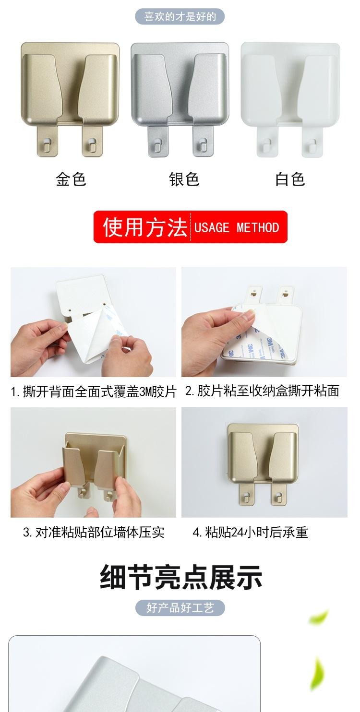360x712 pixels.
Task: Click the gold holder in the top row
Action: (70, 91)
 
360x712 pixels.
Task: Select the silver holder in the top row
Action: (180, 91)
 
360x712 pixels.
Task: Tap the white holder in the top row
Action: (290, 91)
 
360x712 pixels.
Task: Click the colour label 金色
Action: (71, 179)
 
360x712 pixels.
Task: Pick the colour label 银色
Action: (184, 179)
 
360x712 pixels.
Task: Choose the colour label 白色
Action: (290, 179)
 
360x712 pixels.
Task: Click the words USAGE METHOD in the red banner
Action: (237, 227)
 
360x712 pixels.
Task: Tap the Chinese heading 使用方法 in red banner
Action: (144, 227)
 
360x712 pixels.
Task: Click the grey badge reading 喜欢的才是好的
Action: (180, 17)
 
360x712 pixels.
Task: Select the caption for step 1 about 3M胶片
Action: (94, 391)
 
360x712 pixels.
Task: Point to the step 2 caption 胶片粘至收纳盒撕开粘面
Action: (262, 391)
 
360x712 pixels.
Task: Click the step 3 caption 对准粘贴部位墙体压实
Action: (94, 532)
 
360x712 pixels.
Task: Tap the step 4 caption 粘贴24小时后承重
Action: (250, 532)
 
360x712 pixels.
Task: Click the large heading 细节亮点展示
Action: (181, 577)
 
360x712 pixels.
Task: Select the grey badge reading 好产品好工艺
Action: (180, 608)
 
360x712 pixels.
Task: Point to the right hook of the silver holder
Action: (204, 143)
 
